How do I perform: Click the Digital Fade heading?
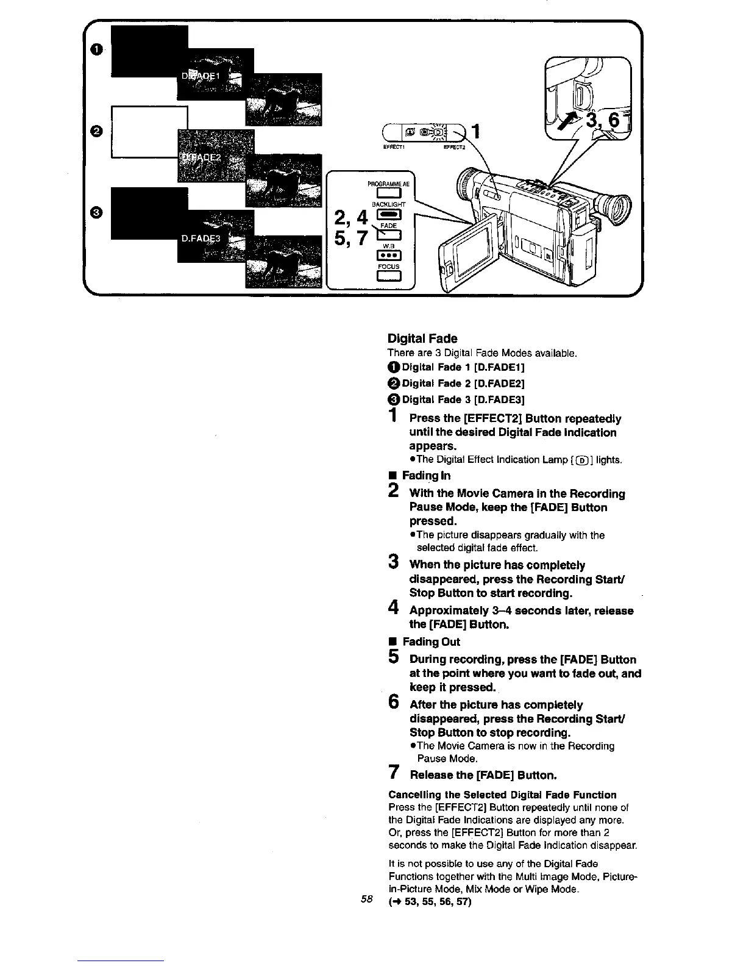[422, 338]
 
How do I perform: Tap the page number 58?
[366, 899]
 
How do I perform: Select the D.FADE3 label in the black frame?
[201, 239]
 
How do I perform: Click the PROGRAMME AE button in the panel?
[388, 195]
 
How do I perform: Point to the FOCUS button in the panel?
[388, 277]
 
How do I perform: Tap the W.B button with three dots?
[388, 255]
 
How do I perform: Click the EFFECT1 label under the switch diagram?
[391, 147]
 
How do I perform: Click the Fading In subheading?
[426, 475]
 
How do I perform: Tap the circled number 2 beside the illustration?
[96, 131]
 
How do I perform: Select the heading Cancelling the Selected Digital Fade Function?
[502, 795]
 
